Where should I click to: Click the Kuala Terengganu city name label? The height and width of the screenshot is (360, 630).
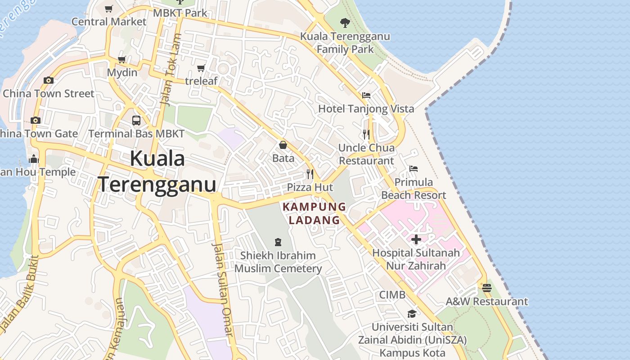coord(157,171)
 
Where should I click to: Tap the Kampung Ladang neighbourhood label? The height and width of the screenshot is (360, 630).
coord(314,213)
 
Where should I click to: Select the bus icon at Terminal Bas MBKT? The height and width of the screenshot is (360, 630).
coord(136,121)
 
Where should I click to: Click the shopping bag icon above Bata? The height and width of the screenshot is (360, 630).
coord(283,145)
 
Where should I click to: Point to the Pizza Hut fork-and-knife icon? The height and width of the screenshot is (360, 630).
coord(310,174)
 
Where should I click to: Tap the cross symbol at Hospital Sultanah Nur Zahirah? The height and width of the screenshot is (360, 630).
coord(416,239)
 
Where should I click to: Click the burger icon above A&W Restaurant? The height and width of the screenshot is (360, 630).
coord(486,288)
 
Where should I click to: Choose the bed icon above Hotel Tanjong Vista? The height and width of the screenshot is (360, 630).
coord(366,95)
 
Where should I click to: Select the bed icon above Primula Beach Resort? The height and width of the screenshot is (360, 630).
coord(414,169)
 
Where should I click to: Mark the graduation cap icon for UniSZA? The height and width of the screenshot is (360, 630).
coord(412,314)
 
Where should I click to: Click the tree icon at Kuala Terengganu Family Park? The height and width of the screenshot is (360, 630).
coord(345,22)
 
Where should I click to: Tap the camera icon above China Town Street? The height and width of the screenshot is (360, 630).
coord(49,81)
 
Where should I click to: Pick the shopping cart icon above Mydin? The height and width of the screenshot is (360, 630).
coord(122,59)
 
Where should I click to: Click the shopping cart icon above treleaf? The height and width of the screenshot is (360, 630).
coord(201,68)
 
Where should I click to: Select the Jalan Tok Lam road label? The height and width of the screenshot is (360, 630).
coord(171,70)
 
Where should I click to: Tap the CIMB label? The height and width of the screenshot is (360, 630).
coord(392,295)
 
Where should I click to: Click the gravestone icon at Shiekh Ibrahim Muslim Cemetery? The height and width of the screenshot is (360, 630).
coord(278,242)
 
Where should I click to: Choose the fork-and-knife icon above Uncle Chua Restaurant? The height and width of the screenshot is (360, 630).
coord(366,134)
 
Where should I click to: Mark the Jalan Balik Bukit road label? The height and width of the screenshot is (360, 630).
coord(19,292)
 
